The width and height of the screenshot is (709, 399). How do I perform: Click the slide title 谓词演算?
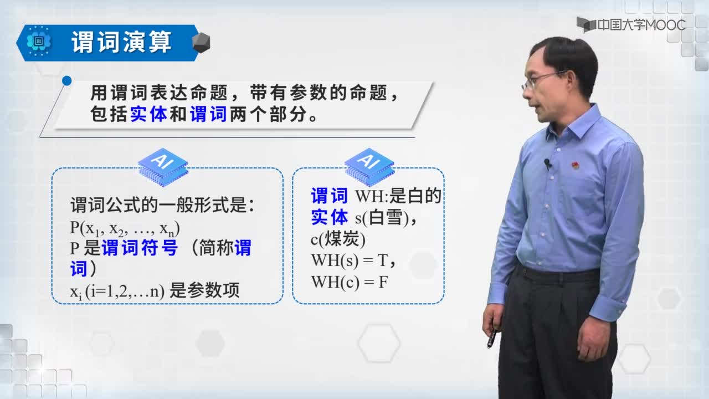[x=121, y=42]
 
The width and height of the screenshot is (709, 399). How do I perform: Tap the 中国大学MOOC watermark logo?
[x=631, y=25]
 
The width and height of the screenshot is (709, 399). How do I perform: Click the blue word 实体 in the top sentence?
[x=148, y=114]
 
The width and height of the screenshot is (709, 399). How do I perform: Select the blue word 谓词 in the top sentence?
[x=208, y=114]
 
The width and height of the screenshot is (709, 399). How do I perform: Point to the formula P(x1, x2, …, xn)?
[x=125, y=228]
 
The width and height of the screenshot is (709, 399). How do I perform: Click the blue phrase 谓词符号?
[x=140, y=248]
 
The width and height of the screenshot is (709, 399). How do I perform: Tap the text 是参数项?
[x=204, y=290]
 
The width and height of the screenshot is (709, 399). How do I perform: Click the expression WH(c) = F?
[x=350, y=282]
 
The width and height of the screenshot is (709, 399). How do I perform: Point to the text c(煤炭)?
[x=338, y=239]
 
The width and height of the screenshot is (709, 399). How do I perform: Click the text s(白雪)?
[x=382, y=218]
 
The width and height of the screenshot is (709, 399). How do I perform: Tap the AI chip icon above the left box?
[x=163, y=167]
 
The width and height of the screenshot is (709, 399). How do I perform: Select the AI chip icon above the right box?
[x=369, y=167]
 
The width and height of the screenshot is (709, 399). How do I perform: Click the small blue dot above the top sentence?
[x=67, y=81]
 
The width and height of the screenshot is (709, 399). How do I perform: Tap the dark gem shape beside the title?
[x=201, y=43]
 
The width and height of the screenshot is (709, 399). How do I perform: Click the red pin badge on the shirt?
[x=575, y=165]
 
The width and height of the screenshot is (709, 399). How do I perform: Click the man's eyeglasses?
[x=541, y=79]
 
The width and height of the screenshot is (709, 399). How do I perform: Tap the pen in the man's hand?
[x=492, y=338]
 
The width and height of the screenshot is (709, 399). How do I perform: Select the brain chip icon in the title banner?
[x=39, y=42]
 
